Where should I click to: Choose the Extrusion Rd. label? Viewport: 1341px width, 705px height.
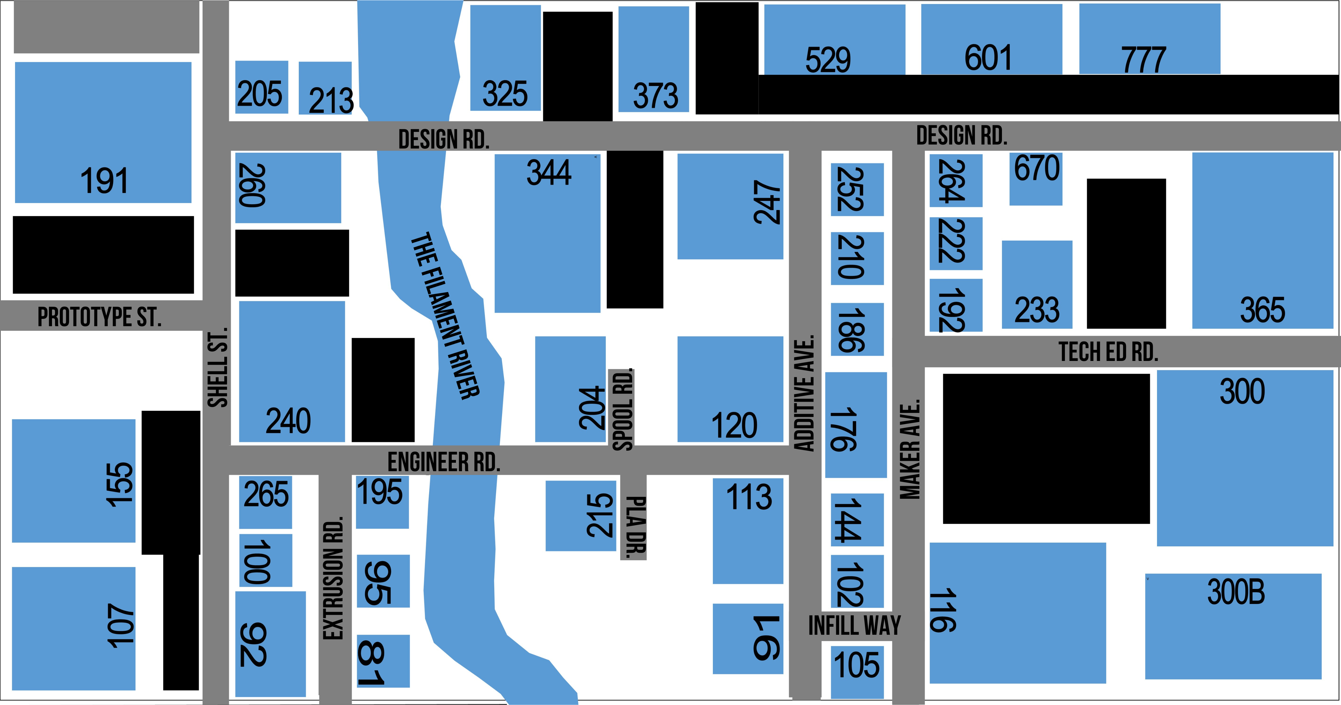click(333, 577)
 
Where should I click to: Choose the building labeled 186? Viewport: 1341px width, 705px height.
click(857, 329)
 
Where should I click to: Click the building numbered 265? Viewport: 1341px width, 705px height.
click(266, 502)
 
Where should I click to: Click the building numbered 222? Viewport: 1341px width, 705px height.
click(956, 243)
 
